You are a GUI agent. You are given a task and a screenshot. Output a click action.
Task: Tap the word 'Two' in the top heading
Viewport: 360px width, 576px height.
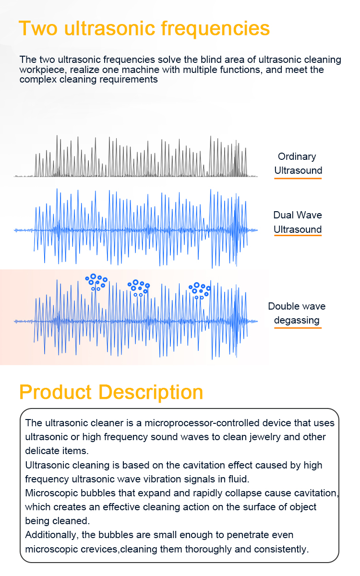pos(38,28)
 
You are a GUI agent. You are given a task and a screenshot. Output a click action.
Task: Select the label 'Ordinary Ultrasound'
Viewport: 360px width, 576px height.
pos(298,164)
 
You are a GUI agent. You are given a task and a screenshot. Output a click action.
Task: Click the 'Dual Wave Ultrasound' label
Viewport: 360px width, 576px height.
pos(298,222)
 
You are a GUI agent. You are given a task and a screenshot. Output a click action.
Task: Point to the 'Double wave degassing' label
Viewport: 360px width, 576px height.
pos(297,313)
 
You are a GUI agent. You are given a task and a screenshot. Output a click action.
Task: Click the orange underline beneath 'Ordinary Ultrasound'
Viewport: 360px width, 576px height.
pos(298,178)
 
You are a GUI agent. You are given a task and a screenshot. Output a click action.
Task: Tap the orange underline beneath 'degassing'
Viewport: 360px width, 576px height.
pos(298,327)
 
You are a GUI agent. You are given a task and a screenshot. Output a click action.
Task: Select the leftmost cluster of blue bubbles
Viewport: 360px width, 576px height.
pos(96,282)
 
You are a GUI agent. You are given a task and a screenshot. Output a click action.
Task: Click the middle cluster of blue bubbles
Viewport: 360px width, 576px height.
pos(139,288)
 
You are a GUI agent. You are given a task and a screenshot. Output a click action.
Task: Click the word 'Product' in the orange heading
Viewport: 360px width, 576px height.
pos(56,393)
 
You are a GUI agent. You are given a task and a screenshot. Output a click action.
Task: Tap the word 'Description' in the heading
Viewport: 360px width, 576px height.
pos(151,393)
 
